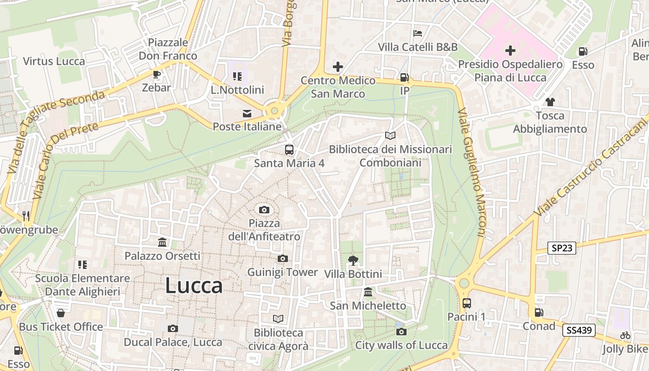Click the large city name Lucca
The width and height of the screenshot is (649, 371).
[x=194, y=286]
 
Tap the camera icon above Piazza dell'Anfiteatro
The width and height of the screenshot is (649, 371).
[x=264, y=210]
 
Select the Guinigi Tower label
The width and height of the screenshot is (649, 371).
[x=282, y=272]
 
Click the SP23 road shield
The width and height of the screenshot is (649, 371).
[x=562, y=248]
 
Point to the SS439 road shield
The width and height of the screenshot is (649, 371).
[x=579, y=330]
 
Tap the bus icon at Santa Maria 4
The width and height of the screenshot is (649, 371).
[x=289, y=149]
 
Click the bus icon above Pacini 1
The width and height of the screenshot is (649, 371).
[x=466, y=303]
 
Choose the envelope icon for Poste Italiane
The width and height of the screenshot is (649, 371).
[x=247, y=113]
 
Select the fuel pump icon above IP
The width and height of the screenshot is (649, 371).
[x=405, y=77]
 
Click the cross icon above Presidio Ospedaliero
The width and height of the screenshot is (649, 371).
[x=510, y=50]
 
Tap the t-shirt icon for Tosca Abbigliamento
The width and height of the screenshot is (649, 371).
[x=550, y=102]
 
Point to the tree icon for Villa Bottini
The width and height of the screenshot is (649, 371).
[x=353, y=260]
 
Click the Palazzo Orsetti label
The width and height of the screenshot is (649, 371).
[x=162, y=256]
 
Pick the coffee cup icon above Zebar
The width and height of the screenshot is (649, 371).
[x=157, y=74]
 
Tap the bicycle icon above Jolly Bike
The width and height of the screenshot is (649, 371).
[x=625, y=335]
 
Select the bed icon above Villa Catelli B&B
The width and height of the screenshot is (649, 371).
[x=418, y=33]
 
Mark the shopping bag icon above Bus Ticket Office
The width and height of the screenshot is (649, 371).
[x=60, y=313]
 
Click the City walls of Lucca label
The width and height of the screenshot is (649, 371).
[x=401, y=345]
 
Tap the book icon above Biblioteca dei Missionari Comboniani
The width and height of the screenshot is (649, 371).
[x=390, y=135]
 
